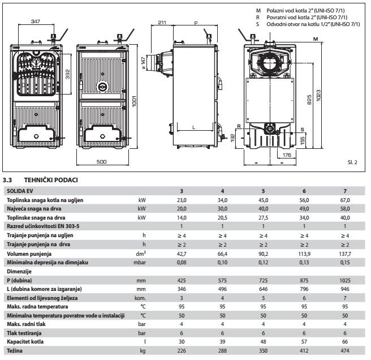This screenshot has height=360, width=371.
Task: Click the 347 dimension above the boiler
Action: pos(35,21)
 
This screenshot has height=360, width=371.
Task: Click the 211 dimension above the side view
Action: pos(162,23)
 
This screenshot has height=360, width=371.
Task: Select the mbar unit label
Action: pos(142,263)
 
